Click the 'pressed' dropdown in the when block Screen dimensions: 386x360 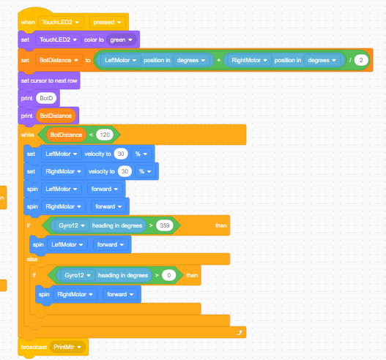(108, 22)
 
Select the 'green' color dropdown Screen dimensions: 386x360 (122, 40)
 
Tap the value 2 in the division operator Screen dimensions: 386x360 (361, 60)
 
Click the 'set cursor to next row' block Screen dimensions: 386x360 (49, 80)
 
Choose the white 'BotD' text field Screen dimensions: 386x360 (46, 98)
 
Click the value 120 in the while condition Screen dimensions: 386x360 (105, 135)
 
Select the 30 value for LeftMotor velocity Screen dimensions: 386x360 (121, 154)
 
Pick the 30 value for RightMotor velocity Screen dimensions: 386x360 (125, 171)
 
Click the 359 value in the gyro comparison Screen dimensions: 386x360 (165, 225)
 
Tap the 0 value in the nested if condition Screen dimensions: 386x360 (169, 275)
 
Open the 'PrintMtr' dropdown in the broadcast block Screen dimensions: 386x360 (67, 347)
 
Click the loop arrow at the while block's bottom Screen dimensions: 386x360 (240, 332)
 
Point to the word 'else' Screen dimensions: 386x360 (32, 259)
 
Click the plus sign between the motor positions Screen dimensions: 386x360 (218, 60)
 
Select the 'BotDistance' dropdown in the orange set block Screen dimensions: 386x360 (59, 60)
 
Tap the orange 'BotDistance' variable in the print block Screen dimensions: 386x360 (56, 116)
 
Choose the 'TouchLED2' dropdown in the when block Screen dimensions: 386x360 (61, 22)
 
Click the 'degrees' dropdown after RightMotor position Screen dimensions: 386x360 (322, 60)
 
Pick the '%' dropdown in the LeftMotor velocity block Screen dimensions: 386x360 (141, 154)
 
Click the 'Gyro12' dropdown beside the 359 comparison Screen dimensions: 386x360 (72, 225)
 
